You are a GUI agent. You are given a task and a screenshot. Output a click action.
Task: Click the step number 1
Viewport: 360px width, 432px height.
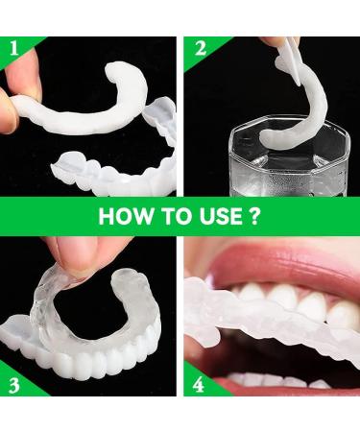click(13, 48)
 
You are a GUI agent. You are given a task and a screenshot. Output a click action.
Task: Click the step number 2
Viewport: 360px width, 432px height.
click(201, 49)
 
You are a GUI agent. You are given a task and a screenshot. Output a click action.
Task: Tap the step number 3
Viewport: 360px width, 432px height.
click(13, 386)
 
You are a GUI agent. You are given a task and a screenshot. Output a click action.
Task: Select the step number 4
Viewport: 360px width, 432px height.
click(199, 385)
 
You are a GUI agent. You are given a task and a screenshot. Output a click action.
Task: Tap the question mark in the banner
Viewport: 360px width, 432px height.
click(253, 216)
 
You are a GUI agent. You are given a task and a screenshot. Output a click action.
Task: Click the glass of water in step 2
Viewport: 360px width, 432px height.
click(290, 156)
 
